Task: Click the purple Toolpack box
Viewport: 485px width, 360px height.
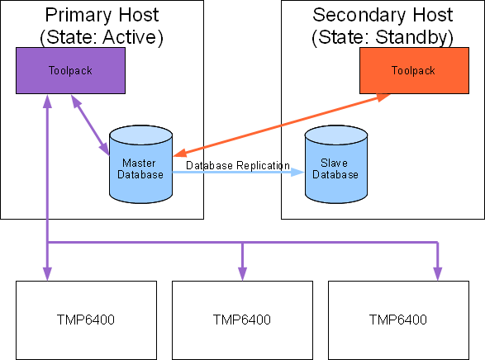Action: (x=70, y=70)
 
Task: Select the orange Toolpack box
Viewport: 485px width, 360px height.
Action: (x=414, y=70)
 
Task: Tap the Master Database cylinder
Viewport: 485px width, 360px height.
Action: (x=140, y=164)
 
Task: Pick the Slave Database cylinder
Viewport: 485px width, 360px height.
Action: (x=336, y=164)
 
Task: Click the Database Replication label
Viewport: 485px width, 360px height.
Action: (x=238, y=165)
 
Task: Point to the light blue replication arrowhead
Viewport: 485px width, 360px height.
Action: (x=297, y=172)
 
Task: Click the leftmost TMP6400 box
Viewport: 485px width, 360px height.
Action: (x=86, y=320)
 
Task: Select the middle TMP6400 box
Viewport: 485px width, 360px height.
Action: (x=242, y=320)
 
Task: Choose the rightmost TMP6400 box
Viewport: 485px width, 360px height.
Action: (x=399, y=320)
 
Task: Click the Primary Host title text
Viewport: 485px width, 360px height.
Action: (x=102, y=15)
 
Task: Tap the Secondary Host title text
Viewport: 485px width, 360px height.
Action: (x=383, y=15)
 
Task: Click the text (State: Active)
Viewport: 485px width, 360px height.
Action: (x=102, y=37)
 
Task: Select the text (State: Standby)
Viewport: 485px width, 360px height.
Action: (x=383, y=37)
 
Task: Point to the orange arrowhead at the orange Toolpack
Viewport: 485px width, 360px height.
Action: (x=383, y=97)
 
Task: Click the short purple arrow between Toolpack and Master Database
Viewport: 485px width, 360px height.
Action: (x=90, y=125)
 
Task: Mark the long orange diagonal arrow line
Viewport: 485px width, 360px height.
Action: (x=282, y=125)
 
